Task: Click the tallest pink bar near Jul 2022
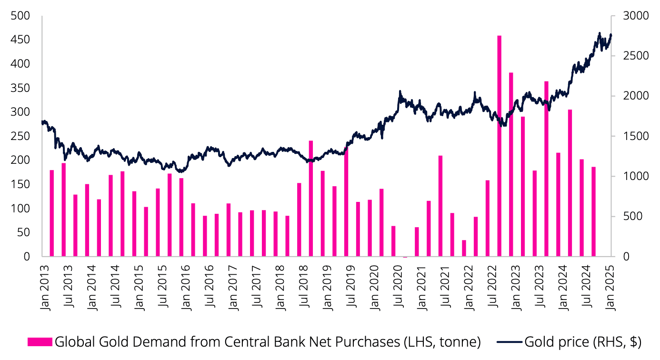[499, 146]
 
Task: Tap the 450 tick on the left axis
[20, 40]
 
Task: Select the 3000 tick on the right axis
[636, 16]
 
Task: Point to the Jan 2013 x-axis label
[44, 288]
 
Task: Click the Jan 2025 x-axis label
[610, 288]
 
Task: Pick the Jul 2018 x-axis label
[303, 286]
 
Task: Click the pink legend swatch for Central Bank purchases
[40, 342]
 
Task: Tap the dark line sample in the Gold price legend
[510, 342]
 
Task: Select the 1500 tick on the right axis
[636, 136]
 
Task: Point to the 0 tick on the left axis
[27, 257]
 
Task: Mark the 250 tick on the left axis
[20, 136]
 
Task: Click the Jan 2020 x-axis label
[374, 288]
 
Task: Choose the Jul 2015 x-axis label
[162, 286]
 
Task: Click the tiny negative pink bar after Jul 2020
[405, 257]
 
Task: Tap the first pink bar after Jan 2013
[52, 213]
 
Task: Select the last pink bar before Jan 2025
[593, 211]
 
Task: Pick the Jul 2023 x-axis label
[539, 286]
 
